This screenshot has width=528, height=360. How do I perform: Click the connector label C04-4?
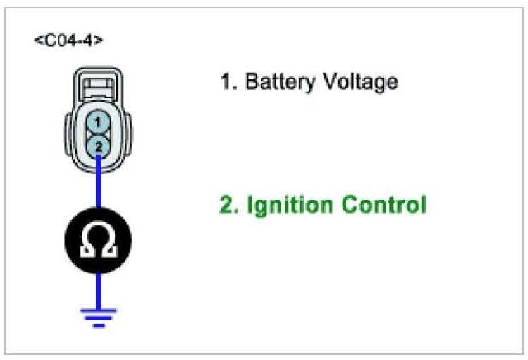(x=68, y=39)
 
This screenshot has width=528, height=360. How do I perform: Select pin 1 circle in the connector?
(x=98, y=122)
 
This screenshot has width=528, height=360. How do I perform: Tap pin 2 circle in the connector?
(x=98, y=145)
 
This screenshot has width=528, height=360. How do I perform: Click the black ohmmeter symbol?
(x=98, y=244)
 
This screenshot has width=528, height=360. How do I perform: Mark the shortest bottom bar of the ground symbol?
(x=98, y=324)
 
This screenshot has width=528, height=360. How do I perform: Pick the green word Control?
(x=386, y=204)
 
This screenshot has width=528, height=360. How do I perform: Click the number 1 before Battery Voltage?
(x=225, y=83)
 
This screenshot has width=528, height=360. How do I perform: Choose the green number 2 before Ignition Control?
(x=225, y=204)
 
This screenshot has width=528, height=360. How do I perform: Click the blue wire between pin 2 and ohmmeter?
(x=98, y=186)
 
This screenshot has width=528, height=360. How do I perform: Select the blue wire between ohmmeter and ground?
(x=98, y=289)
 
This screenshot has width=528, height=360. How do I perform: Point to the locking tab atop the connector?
(x=98, y=83)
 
